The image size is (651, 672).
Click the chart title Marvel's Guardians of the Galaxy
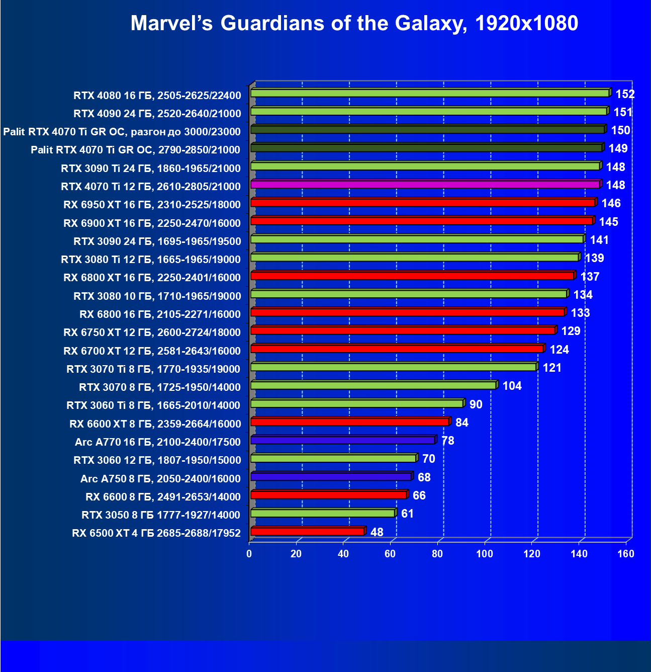coord(354,24)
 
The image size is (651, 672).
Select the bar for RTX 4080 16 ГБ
coord(430,93)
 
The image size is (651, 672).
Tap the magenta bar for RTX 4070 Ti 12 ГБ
coord(425,185)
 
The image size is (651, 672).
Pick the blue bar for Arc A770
coord(342,440)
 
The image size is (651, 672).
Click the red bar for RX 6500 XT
coord(307,531)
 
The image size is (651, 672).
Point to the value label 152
coord(625,94)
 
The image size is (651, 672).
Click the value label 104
coord(512,386)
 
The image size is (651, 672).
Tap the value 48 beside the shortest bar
coord(377,532)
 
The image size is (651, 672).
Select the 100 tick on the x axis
coord(485,554)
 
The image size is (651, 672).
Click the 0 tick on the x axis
coord(249,554)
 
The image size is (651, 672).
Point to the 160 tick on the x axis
coord(626,554)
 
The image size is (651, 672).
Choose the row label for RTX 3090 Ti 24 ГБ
coord(151,168)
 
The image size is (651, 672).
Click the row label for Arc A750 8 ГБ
coord(160,478)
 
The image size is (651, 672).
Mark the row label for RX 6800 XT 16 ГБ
coord(152,278)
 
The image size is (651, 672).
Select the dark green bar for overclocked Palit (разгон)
coord(427,130)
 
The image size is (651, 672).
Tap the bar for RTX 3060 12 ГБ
coord(333,458)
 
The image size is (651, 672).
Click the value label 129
coord(571,331)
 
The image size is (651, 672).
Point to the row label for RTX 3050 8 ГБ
coord(161,515)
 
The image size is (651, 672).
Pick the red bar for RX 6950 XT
coord(422,203)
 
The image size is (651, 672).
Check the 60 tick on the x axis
coord(390,554)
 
